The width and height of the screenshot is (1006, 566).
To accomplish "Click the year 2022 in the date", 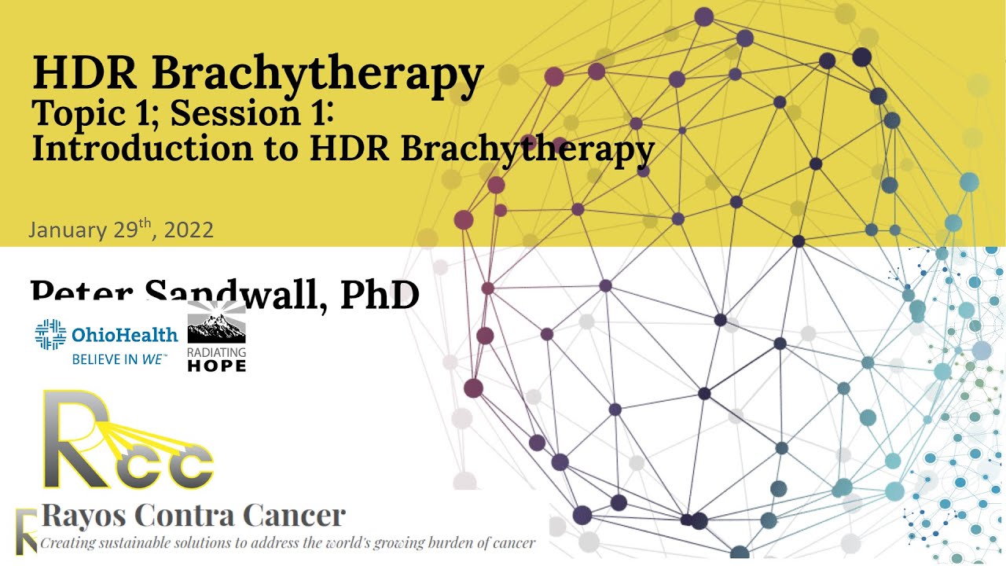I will [189, 230].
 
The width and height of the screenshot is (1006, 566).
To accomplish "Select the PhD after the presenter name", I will [380, 296].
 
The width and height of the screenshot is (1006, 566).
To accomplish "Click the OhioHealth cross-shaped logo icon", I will [50, 335].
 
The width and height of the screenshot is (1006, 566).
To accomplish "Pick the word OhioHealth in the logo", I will [124, 336].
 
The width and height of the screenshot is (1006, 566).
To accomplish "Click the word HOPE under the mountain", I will [216, 366].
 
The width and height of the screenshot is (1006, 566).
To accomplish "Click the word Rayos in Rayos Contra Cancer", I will [85, 516].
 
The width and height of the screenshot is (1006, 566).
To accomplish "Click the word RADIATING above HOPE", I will [216, 353].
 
